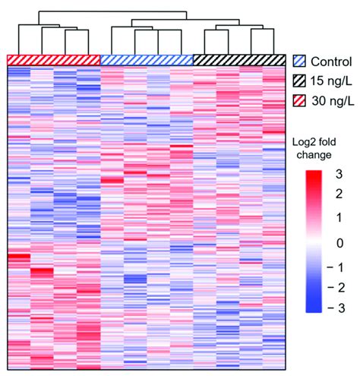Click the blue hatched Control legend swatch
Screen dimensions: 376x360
click(299, 58)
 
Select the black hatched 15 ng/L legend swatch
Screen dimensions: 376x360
click(299, 77)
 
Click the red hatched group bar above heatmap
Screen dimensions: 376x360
click(54, 60)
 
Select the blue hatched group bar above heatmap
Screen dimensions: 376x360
click(147, 60)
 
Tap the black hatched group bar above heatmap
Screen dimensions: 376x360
click(240, 60)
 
